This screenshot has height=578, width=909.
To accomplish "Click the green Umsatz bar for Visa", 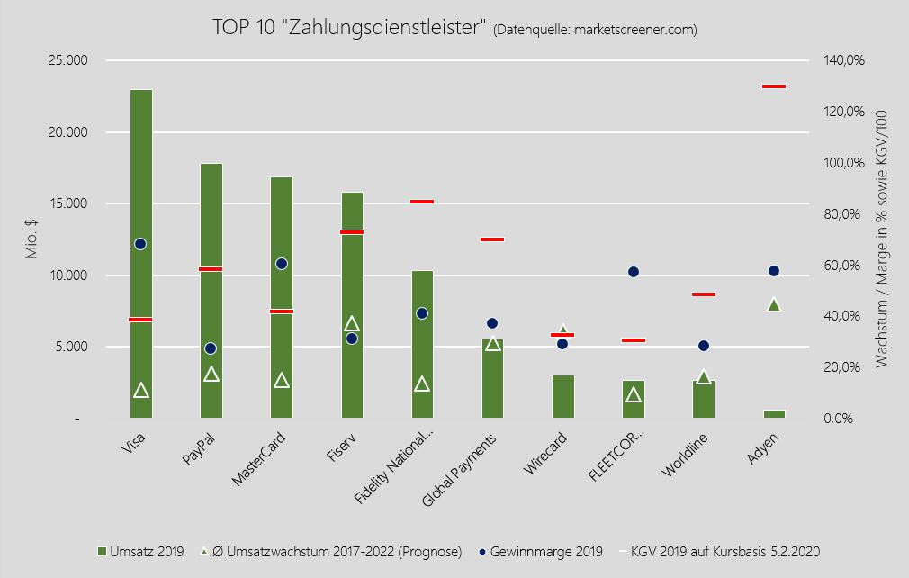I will [x=140, y=180].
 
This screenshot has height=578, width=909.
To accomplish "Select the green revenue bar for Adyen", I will [x=774, y=414].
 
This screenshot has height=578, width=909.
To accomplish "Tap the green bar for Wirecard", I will [x=562, y=397].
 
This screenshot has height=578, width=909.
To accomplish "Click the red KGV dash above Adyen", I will [x=774, y=86].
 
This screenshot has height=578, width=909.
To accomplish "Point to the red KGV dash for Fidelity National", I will [x=422, y=202].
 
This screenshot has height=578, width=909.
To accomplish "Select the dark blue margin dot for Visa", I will [x=140, y=244].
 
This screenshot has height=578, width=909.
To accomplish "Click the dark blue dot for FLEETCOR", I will [x=634, y=272].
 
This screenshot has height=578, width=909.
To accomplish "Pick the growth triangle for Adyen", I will [x=774, y=305].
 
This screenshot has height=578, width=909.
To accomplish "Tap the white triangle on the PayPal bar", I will [x=211, y=375].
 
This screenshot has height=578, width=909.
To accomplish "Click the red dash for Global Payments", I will [x=492, y=239].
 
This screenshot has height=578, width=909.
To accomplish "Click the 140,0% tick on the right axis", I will [x=843, y=61].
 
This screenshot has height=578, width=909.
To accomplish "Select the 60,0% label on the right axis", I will [x=843, y=266].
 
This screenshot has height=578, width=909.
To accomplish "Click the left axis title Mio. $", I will [x=31, y=239].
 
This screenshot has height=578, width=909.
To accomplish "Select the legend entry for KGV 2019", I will [x=725, y=551].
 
